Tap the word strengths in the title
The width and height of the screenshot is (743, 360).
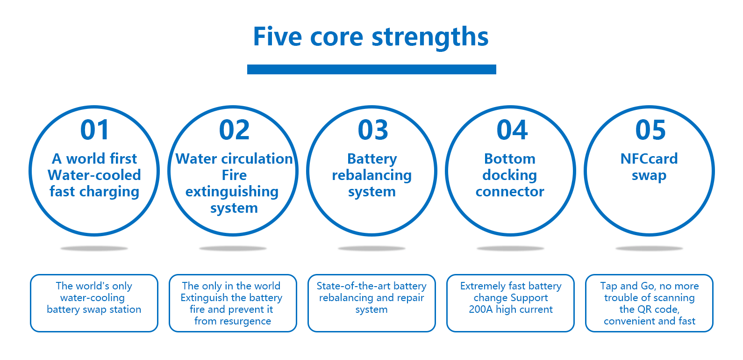pos(430,38)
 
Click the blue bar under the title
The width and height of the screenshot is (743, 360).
pos(371,69)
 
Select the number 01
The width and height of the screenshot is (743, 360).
pos(95,130)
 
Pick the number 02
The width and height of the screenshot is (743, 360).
pos(234,130)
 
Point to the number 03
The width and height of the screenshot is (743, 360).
pos(373,130)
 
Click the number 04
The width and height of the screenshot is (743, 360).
pos(512,130)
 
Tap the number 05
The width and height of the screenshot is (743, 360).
pos(650,130)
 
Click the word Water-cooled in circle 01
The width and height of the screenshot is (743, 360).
pos(94,175)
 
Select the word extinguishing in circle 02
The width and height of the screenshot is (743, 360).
pos(232,192)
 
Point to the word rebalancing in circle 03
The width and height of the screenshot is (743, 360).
pos(372,175)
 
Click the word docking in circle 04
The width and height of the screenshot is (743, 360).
pos(509,175)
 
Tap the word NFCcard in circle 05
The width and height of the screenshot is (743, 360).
pos(649,158)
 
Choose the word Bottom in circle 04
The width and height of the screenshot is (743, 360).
pos(510,158)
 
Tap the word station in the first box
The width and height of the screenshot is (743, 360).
pos(125,310)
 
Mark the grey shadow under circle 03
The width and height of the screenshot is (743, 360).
pos(371,248)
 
